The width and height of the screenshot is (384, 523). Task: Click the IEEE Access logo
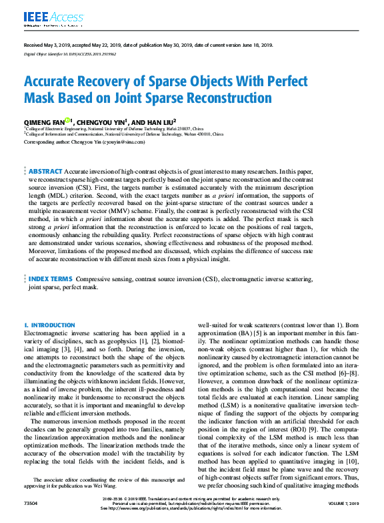point(45,17)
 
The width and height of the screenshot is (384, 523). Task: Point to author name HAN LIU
point(160,123)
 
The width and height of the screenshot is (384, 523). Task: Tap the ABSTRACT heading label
point(46,172)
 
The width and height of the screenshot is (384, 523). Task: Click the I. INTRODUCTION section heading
point(49,325)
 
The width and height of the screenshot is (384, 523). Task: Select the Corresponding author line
point(84,142)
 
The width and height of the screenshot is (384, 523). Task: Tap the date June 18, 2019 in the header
point(256,45)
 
